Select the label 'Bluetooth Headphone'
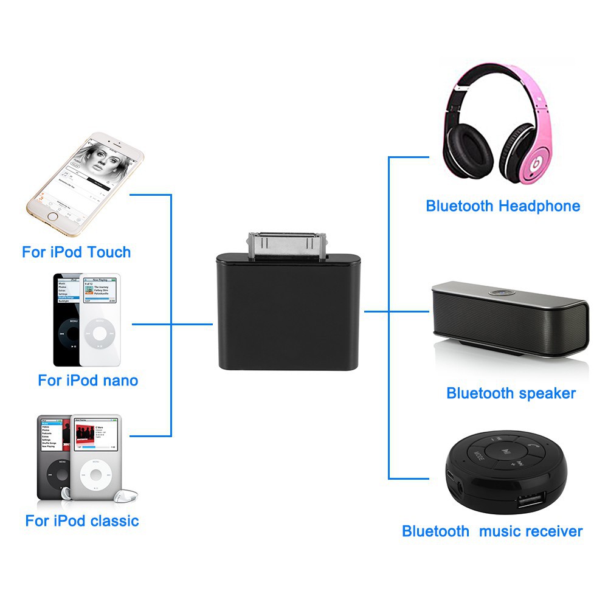503,206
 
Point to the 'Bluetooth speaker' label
511,393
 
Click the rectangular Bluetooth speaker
510,322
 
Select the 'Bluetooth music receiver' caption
492,531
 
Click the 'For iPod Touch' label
77,252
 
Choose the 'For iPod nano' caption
88,381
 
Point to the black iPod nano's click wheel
68,333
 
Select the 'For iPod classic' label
82,521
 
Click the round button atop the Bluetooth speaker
498,292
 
